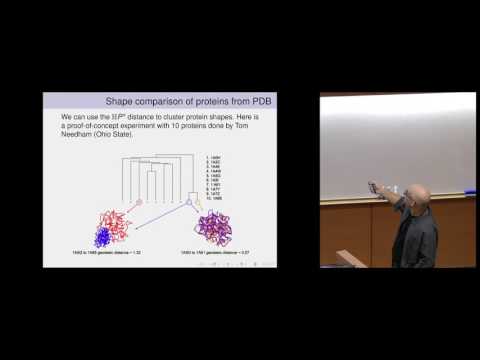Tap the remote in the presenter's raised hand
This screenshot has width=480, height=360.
(373, 185)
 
